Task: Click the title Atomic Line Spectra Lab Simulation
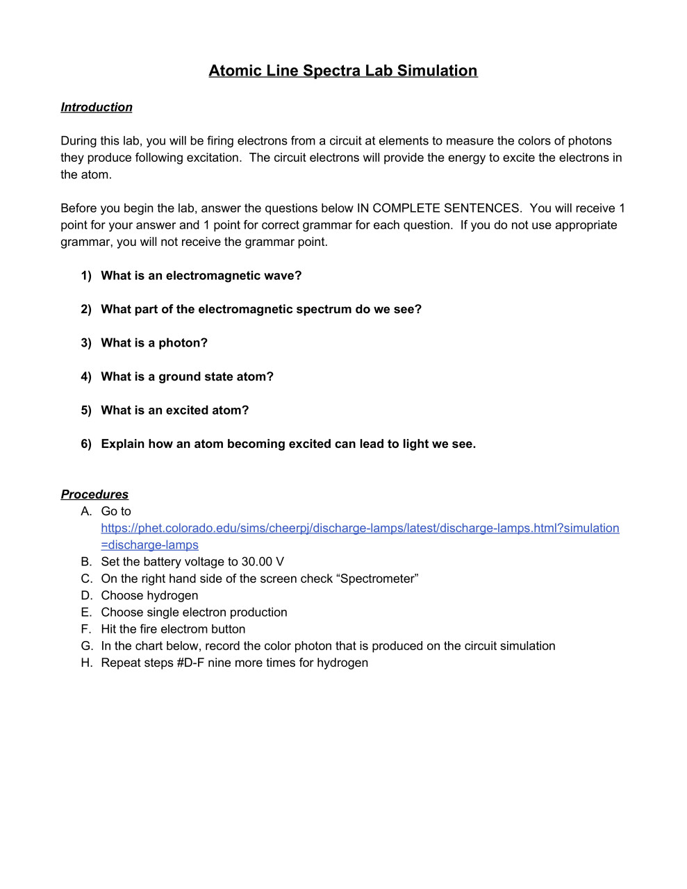click(342, 71)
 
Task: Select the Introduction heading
click(97, 107)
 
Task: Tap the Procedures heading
click(94, 495)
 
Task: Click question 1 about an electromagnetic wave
click(201, 276)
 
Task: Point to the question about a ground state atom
click(187, 376)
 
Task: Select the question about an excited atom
click(174, 410)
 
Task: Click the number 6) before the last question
click(86, 444)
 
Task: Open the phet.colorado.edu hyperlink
click(360, 529)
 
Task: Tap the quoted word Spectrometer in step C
click(377, 579)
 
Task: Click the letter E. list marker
click(86, 612)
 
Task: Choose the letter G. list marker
click(87, 646)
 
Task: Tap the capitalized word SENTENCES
click(482, 208)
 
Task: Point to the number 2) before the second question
click(86, 310)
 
